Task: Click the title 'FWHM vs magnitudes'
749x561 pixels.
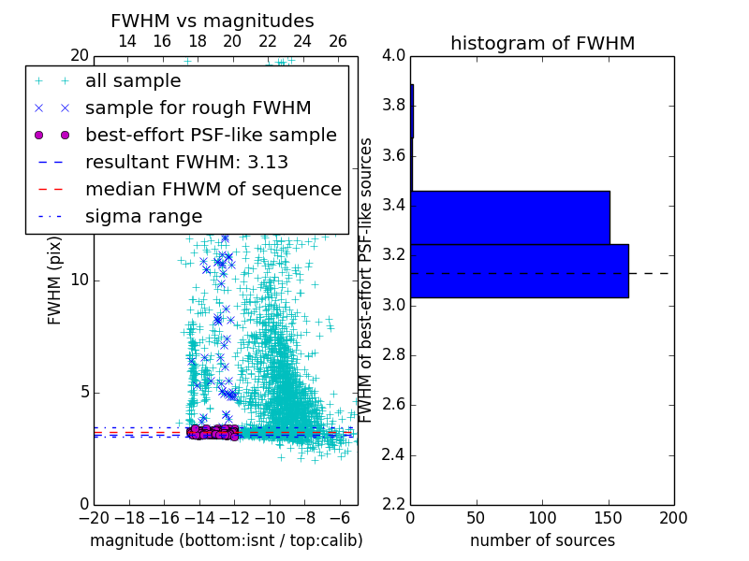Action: [x=213, y=21]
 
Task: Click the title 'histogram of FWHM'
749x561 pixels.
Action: [x=542, y=43]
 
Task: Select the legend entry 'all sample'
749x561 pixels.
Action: [x=133, y=80]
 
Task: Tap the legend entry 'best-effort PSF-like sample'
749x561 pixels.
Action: [x=211, y=135]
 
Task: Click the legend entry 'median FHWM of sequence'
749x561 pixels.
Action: [x=213, y=189]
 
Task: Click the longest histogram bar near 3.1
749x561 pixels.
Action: [x=520, y=270]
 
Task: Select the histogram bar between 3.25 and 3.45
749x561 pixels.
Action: [x=510, y=217]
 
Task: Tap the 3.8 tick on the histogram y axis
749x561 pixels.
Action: [x=393, y=105]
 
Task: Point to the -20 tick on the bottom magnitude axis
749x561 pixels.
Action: [x=94, y=516]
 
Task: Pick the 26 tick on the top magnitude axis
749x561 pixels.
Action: [x=338, y=41]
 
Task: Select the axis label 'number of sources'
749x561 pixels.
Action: [x=542, y=540]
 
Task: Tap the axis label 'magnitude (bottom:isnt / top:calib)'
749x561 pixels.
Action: [x=226, y=540]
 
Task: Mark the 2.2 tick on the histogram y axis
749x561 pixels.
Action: [x=393, y=505]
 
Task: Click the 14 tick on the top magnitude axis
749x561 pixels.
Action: [x=127, y=41]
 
